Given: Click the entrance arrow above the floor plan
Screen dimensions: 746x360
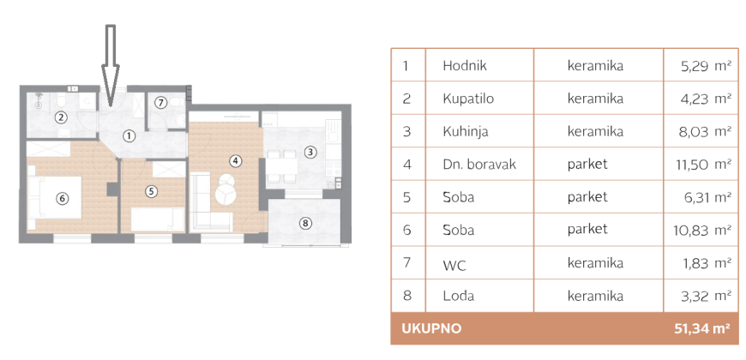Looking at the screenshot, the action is coord(111,66).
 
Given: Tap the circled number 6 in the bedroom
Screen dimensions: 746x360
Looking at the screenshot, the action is coord(62,199).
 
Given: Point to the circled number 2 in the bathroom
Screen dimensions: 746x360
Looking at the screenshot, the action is coord(62,117).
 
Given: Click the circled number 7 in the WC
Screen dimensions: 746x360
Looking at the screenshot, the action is coord(161,102).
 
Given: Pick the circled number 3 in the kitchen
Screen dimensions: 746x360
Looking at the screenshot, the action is coord(310,153).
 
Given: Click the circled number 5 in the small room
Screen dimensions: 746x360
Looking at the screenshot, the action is coord(151,191).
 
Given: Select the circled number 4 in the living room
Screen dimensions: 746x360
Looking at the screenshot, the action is coord(234,161).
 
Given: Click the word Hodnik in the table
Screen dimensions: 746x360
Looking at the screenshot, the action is coord(465,66).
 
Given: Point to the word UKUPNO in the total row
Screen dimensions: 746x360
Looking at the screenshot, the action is coord(431,328).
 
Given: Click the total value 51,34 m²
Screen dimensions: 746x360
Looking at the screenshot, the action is coord(702,328).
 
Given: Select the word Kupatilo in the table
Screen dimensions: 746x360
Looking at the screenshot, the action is coord(468,99).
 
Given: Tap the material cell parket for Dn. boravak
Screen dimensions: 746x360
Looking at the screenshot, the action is coord(587,164).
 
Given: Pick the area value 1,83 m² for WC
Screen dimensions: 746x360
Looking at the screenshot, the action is coord(707,262).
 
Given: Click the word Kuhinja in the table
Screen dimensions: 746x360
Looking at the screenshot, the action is coord(466,131).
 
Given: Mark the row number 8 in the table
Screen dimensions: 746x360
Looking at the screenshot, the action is coord(406,296).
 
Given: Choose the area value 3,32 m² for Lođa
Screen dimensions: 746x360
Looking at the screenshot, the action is coord(707,296).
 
